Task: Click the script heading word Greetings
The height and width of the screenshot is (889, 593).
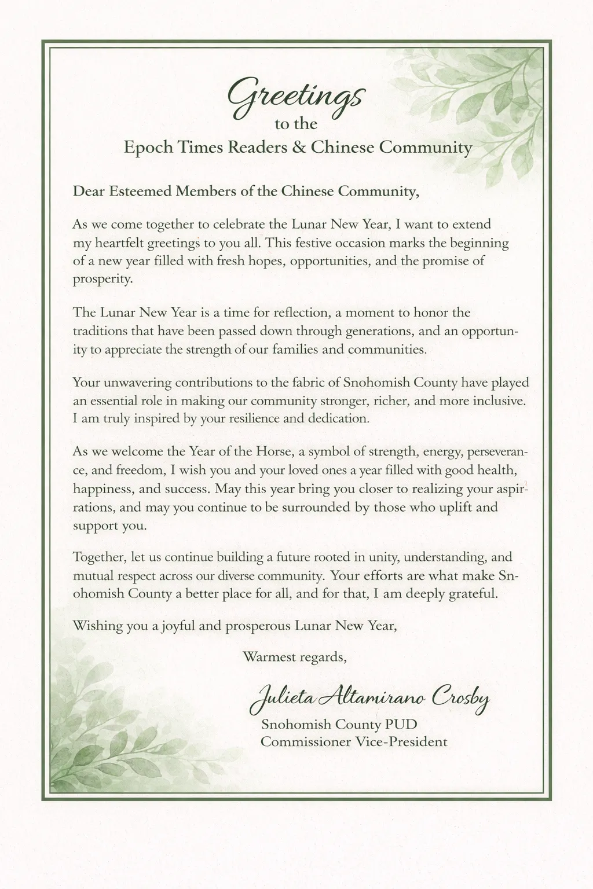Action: [x=295, y=97]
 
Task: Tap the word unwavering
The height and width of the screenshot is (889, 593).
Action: [x=133, y=383]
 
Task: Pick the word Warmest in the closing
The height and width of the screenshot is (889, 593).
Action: [x=269, y=657]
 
